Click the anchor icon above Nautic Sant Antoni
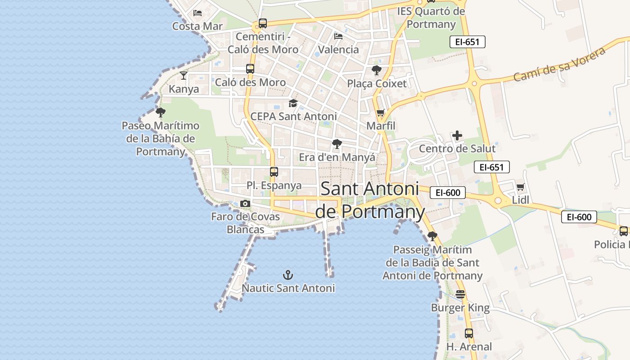coord(288,274)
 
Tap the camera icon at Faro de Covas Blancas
coord(245,203)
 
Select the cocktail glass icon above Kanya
coord(184,75)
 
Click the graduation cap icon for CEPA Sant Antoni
coord(293,103)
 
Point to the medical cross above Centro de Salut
coord(457,135)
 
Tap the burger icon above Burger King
coord(460,294)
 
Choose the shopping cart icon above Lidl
coord(521,187)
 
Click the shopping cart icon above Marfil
coord(381,112)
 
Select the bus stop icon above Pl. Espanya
coord(274,171)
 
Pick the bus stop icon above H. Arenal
coord(469,333)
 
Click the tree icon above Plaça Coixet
coord(377,70)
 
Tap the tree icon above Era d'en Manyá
coord(337,144)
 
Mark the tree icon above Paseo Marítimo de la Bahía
coord(160,112)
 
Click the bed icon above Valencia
coord(338,36)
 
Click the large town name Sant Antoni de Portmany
coord(369,200)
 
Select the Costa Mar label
coord(198,26)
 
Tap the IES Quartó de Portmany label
coord(431,18)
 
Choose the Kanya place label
coord(184,89)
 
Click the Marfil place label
coord(381,126)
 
